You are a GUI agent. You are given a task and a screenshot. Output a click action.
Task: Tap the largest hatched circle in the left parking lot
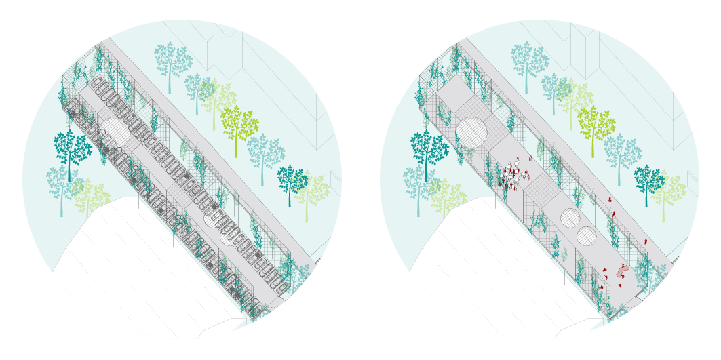(115, 132)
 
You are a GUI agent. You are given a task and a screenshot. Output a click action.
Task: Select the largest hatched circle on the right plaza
(471, 132)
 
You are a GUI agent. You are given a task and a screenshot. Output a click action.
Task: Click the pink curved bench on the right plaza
(623, 271)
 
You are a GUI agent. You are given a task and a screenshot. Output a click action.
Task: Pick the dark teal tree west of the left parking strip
(71, 149)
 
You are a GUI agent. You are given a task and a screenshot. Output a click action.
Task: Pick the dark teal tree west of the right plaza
(428, 149)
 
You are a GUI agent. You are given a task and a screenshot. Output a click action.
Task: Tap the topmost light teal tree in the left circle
(172, 60)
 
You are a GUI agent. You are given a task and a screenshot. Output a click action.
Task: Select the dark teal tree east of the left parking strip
(291, 180)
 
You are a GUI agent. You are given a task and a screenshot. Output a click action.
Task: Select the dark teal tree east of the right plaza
(648, 180)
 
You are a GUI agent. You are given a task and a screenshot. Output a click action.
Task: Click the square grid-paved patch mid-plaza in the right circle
(541, 191)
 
